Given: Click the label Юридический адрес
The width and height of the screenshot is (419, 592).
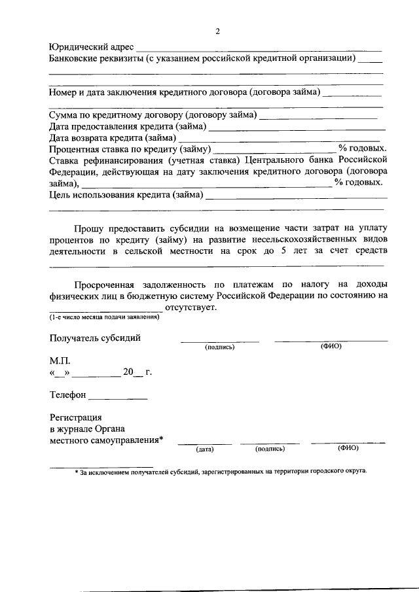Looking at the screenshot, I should click(x=91, y=47).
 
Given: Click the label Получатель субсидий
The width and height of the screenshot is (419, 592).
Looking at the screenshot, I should click(x=94, y=338).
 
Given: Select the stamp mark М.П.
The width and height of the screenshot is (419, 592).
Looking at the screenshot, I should click(x=58, y=361).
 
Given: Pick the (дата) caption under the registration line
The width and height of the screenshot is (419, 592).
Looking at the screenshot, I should click(x=205, y=449).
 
